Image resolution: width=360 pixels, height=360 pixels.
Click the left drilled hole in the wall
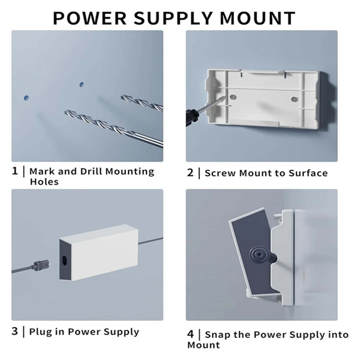(26, 98)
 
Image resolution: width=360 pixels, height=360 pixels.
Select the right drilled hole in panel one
(81, 85)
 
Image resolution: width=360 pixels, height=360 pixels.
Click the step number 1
(15, 171)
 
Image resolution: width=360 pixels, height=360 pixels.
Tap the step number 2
(190, 173)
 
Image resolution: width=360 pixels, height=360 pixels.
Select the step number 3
(15, 331)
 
